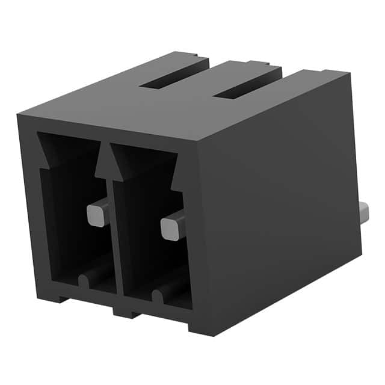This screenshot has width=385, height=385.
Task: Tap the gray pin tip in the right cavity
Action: pos(171,228)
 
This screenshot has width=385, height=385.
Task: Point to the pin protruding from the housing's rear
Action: pos(365,212)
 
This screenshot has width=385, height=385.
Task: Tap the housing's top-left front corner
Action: pos(18,114)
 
